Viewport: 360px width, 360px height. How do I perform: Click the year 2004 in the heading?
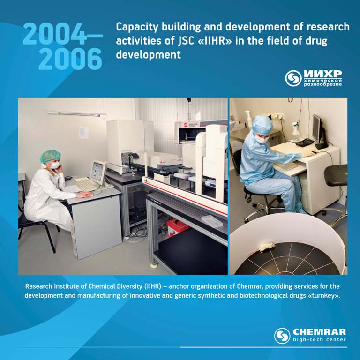click(x=55, y=34)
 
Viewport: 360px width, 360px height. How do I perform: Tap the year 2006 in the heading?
click(x=70, y=59)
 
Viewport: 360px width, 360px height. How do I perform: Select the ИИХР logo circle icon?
click(x=293, y=78)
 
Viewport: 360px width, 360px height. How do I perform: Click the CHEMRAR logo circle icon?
click(x=282, y=336)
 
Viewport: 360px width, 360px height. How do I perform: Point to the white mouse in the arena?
click(x=266, y=247)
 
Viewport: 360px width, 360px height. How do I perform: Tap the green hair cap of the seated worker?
click(x=50, y=156)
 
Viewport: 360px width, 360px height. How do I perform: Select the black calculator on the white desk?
click(x=304, y=142)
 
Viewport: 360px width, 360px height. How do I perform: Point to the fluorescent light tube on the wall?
click(x=77, y=114)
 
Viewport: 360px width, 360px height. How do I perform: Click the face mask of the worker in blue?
click(x=261, y=139)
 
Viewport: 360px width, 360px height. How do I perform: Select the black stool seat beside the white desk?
click(x=336, y=175)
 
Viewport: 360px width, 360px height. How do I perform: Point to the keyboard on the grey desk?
click(x=86, y=185)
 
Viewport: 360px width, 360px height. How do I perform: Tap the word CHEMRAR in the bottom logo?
click(x=319, y=332)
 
